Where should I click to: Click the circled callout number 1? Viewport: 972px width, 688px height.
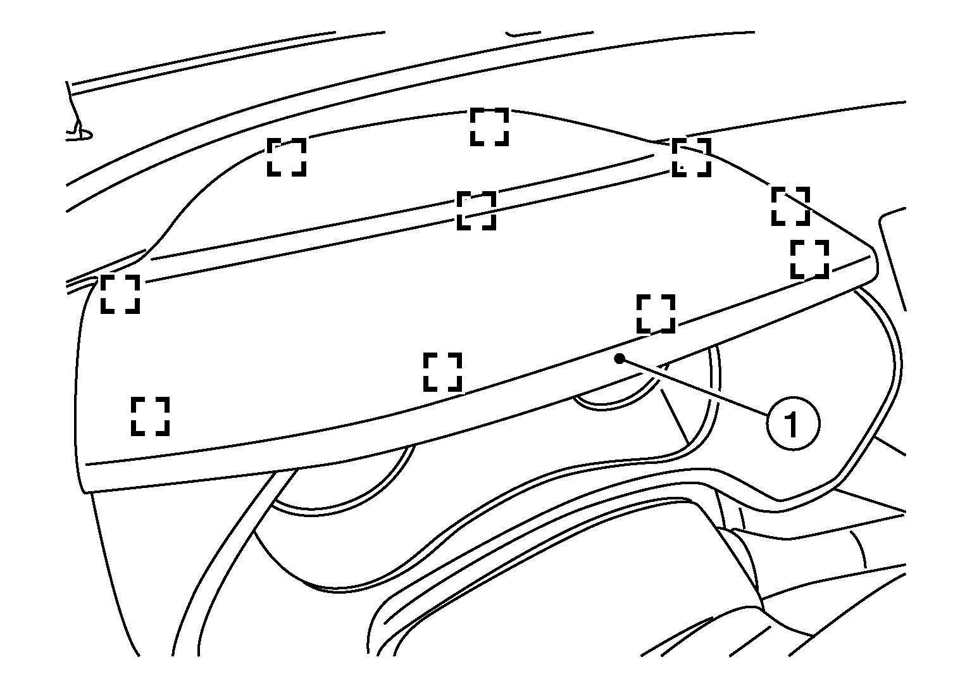[x=793, y=423]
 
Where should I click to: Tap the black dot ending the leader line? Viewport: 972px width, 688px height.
[x=620, y=358]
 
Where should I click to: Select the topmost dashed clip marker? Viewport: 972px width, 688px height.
[x=489, y=127]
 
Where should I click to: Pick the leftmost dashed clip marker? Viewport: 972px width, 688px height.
[x=120, y=294]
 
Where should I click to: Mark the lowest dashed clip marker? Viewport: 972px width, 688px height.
[x=150, y=416]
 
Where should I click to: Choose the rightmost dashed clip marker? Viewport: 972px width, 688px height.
[x=810, y=259]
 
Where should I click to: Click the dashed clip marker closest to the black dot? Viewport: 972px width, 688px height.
[x=656, y=314]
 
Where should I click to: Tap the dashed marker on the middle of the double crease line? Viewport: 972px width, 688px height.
[x=477, y=211]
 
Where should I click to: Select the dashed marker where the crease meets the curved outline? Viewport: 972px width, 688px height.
[x=692, y=158]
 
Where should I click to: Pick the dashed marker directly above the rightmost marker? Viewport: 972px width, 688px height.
[x=790, y=206]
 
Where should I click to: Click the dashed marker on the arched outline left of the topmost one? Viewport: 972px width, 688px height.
[x=287, y=157]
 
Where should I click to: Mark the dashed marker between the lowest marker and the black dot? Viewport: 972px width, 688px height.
[x=442, y=372]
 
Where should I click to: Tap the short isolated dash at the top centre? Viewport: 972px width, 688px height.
[x=523, y=33]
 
